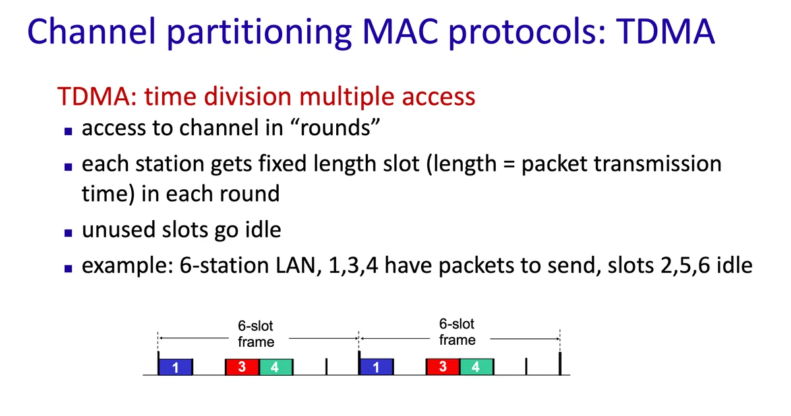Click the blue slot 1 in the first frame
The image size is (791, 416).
(175, 367)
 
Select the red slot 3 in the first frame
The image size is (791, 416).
(242, 367)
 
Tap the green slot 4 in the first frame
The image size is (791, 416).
(276, 367)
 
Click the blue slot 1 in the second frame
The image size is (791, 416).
(376, 367)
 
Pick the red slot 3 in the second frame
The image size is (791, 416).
(443, 367)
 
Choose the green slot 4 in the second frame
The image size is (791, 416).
(477, 367)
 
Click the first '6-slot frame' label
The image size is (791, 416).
(256, 334)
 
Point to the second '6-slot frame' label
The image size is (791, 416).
(457, 332)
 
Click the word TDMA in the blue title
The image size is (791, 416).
(665, 32)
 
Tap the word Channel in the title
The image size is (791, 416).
(92, 32)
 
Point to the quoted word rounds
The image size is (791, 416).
(335, 127)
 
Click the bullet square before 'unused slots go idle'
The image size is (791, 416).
(68, 233)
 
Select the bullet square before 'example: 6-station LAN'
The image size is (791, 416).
(68, 268)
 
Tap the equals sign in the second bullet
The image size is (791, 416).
(509, 165)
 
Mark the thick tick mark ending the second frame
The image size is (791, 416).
(560, 363)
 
